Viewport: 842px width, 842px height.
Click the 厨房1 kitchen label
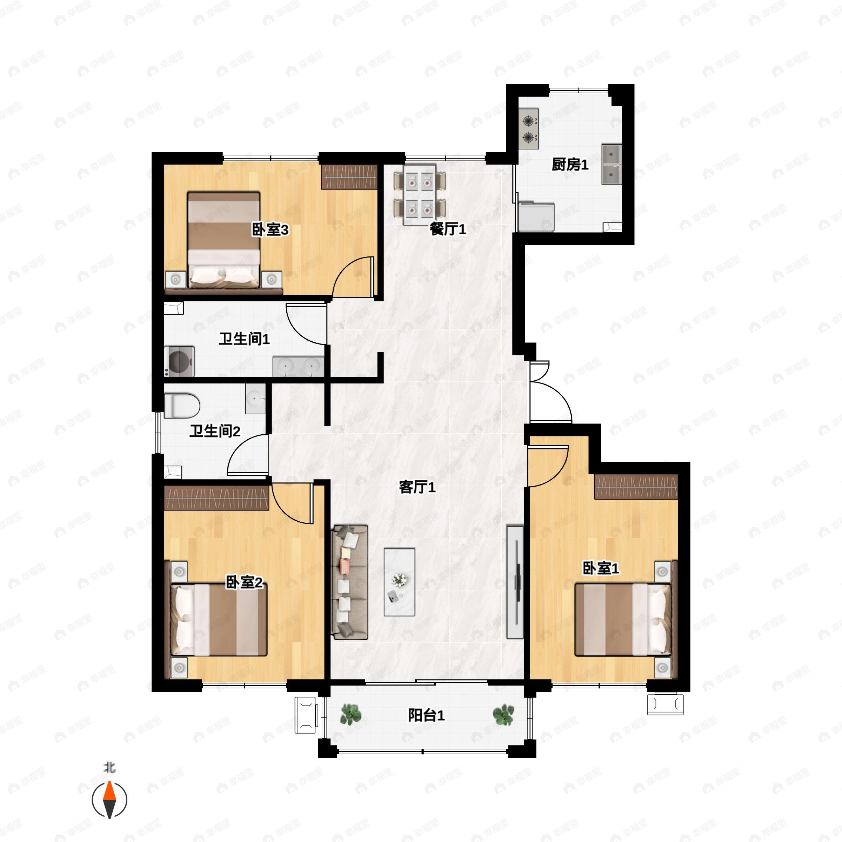pyautogui.click(x=570, y=165)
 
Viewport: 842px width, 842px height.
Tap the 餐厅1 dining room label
pyautogui.click(x=448, y=229)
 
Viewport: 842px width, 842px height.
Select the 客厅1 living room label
pyautogui.click(x=417, y=487)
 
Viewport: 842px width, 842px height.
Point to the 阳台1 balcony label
pyautogui.click(x=426, y=715)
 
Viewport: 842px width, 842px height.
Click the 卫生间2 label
pyautogui.click(x=215, y=432)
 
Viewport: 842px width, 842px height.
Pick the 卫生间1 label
pyautogui.click(x=244, y=339)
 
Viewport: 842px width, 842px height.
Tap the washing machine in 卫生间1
pyautogui.click(x=179, y=361)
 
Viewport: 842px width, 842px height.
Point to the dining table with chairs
pyautogui.click(x=420, y=195)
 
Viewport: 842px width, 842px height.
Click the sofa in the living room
pyautogui.click(x=349, y=582)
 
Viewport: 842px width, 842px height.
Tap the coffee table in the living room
pyautogui.click(x=399, y=582)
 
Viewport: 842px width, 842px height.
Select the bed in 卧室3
pyautogui.click(x=223, y=240)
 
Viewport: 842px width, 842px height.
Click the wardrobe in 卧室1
pyautogui.click(x=636, y=486)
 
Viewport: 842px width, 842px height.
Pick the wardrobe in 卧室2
pyautogui.click(x=216, y=498)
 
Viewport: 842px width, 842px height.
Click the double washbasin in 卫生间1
pyautogui.click(x=299, y=367)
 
